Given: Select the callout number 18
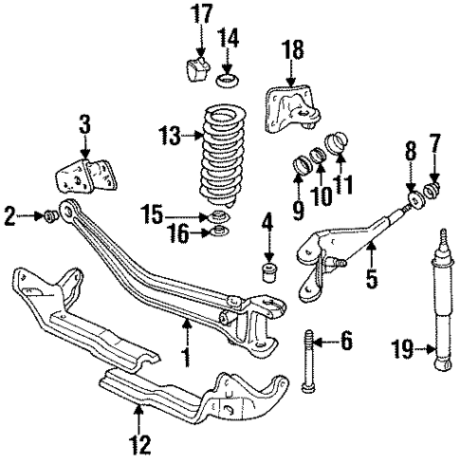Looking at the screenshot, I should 293,50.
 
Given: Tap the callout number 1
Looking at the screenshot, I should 187,356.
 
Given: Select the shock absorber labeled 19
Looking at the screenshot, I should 441,304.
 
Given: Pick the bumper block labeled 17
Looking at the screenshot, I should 197,69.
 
